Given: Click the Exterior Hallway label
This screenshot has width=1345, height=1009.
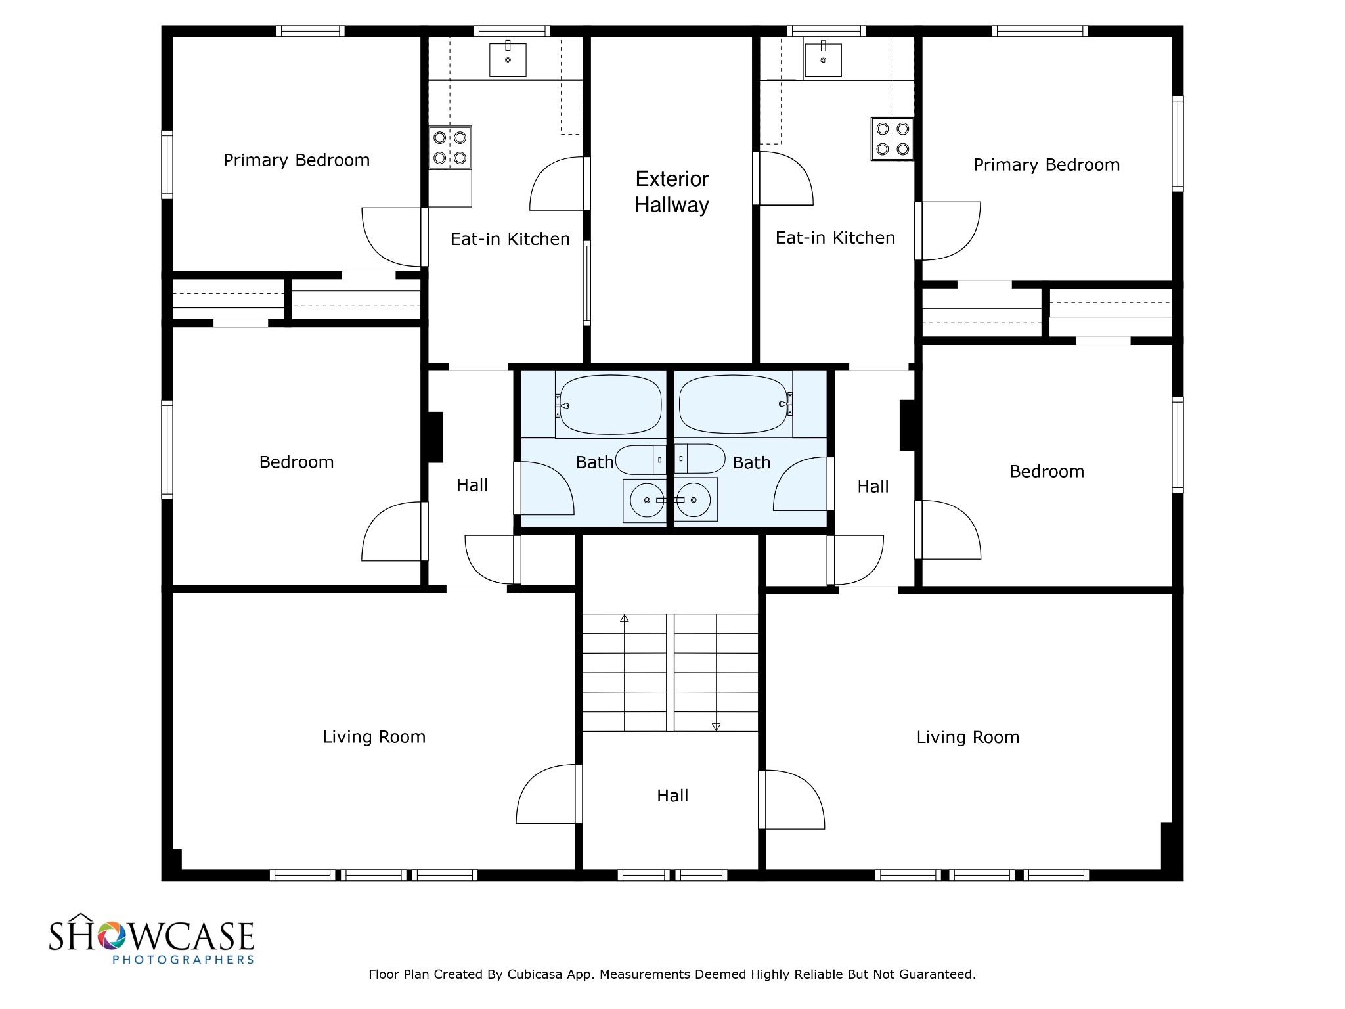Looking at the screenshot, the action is (x=672, y=192).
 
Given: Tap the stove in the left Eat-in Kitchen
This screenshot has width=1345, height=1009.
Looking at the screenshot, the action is (x=451, y=148).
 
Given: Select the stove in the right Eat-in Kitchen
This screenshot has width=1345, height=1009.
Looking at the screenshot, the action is (x=893, y=139).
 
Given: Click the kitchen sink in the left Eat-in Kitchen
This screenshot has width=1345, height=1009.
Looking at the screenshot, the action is (x=508, y=60).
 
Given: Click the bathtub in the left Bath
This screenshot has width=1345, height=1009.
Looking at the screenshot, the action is (x=609, y=405).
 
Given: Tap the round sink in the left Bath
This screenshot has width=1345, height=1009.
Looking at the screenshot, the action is (x=647, y=500).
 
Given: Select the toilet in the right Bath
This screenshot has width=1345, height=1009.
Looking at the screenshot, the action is (x=700, y=459).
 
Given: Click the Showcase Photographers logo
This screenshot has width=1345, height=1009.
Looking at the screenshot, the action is (x=152, y=939).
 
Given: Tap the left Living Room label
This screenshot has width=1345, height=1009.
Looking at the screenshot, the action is (x=374, y=737).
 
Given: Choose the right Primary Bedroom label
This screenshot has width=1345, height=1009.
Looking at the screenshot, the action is (x=1046, y=165).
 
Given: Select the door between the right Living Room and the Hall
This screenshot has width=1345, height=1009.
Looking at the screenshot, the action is (x=793, y=799).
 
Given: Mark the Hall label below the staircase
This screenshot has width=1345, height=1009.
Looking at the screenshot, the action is (x=672, y=796).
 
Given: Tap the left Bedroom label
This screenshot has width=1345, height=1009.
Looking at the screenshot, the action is (x=296, y=462).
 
